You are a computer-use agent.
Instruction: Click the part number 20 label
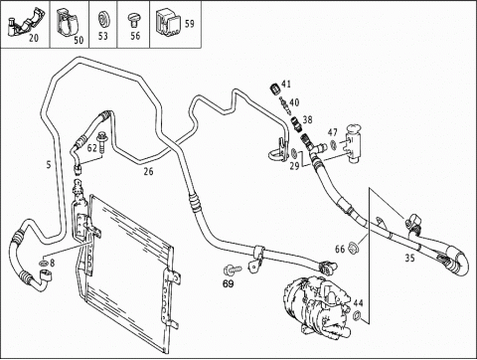(34, 38)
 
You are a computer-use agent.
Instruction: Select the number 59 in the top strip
(190, 24)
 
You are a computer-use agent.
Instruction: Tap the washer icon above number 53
(103, 19)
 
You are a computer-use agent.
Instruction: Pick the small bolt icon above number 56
(134, 21)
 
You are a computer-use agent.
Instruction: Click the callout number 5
(49, 164)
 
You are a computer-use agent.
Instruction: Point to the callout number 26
(148, 171)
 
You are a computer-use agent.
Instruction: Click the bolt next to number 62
(101, 142)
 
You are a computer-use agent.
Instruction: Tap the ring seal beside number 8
(44, 264)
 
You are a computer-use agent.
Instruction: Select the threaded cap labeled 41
(274, 90)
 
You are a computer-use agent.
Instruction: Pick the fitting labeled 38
(296, 123)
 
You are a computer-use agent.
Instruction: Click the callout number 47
(333, 132)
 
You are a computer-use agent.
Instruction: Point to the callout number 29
(294, 166)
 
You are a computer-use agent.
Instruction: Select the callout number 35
(409, 258)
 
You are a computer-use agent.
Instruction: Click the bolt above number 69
(233, 270)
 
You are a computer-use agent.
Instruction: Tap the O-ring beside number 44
(357, 315)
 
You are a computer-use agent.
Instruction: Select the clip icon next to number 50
(67, 23)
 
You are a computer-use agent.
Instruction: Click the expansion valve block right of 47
(354, 143)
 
